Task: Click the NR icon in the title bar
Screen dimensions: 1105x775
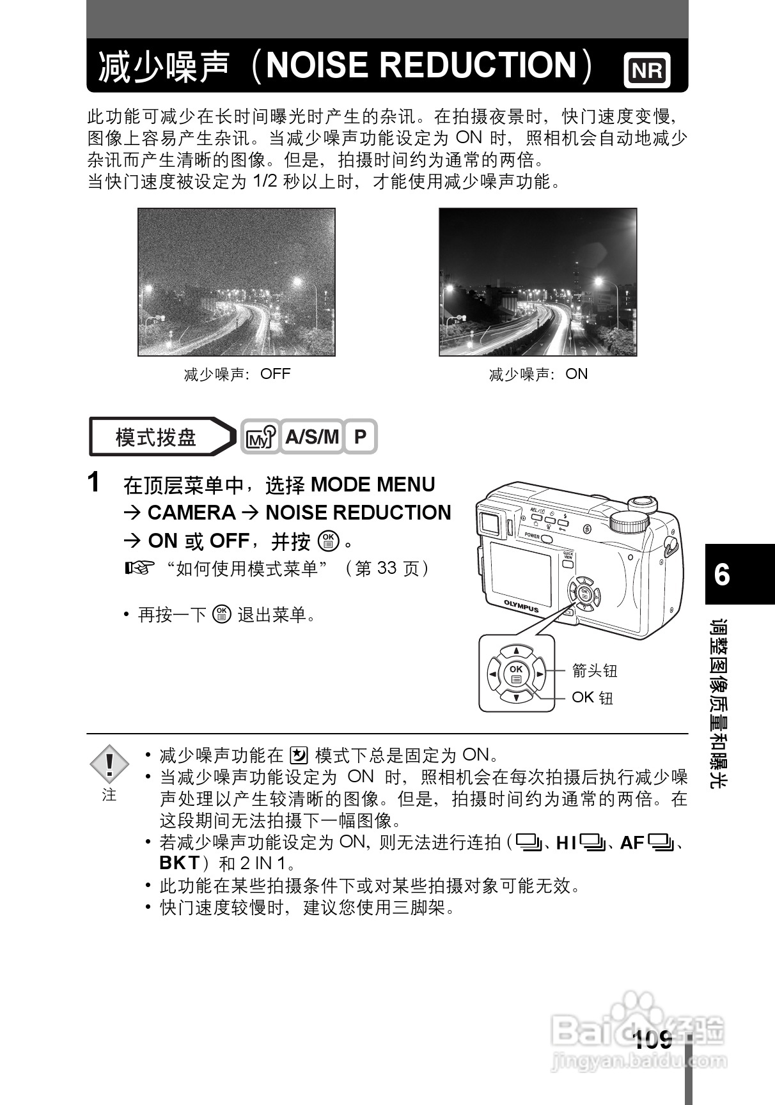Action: tap(647, 71)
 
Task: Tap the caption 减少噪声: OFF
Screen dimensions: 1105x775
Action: tap(237, 374)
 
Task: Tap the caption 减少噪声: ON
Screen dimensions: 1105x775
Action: tap(538, 374)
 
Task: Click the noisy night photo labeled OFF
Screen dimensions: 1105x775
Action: tap(237, 282)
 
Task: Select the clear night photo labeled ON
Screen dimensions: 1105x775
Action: tap(538, 282)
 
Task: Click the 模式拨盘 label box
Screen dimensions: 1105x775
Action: tap(156, 437)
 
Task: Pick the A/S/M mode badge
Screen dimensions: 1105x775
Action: tap(311, 437)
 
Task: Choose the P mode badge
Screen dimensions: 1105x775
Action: tap(360, 437)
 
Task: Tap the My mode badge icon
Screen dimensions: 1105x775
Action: tap(260, 438)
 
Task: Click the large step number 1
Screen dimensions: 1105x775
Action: tap(94, 483)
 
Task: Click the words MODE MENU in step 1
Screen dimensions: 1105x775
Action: tap(372, 485)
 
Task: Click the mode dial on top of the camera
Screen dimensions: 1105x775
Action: tap(630, 522)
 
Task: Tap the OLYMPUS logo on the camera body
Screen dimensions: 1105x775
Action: tap(521, 606)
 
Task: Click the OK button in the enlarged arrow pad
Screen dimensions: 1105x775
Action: tap(516, 674)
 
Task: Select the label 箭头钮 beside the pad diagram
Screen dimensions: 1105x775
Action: tap(594, 670)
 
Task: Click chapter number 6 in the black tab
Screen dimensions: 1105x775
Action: tap(723, 575)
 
